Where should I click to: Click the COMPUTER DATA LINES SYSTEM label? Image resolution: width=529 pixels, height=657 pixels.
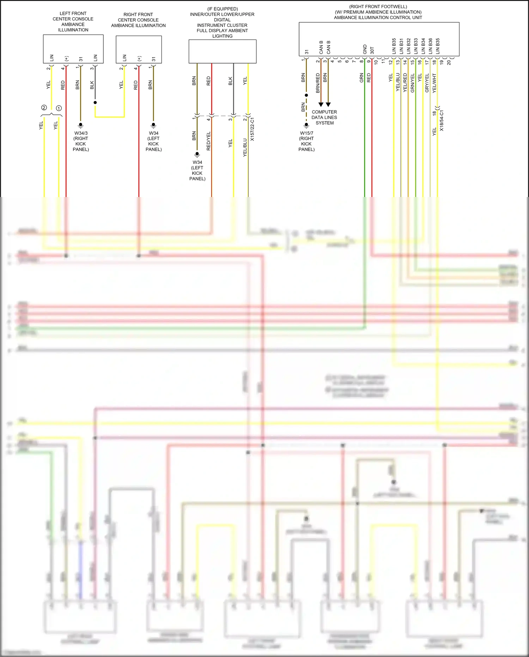click(324, 117)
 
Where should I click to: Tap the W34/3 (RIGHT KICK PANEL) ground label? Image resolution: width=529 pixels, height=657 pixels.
click(81, 141)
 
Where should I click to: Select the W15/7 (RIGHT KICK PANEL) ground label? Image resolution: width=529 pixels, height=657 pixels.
click(306, 141)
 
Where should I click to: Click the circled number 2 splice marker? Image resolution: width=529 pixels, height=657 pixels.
click(44, 108)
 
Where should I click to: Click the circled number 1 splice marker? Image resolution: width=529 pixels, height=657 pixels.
click(59, 108)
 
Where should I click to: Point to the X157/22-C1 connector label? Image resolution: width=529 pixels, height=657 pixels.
click(252, 129)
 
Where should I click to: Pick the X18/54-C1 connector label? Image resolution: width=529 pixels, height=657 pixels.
click(442, 120)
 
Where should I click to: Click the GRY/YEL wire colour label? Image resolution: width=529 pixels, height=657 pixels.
click(427, 83)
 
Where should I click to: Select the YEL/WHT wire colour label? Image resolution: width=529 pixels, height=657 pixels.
click(434, 83)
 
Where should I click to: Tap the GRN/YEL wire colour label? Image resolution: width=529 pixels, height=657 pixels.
click(413, 83)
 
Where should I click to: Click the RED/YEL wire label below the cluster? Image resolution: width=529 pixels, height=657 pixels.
click(208, 141)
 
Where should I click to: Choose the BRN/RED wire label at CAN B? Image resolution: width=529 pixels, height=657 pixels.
click(318, 83)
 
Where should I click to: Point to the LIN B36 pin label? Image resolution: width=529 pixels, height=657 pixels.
click(430, 46)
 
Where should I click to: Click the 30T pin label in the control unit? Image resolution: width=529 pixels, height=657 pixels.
click(372, 50)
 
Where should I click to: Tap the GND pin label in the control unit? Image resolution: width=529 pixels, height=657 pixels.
click(365, 49)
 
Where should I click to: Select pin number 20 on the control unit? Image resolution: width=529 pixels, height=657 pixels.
click(449, 62)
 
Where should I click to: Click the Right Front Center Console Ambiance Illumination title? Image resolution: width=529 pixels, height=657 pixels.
click(138, 20)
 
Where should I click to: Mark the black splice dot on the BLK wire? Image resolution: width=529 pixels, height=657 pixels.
click(95, 102)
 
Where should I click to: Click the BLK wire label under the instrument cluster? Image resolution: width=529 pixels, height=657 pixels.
click(230, 81)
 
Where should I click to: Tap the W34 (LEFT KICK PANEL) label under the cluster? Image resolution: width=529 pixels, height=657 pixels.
click(197, 171)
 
